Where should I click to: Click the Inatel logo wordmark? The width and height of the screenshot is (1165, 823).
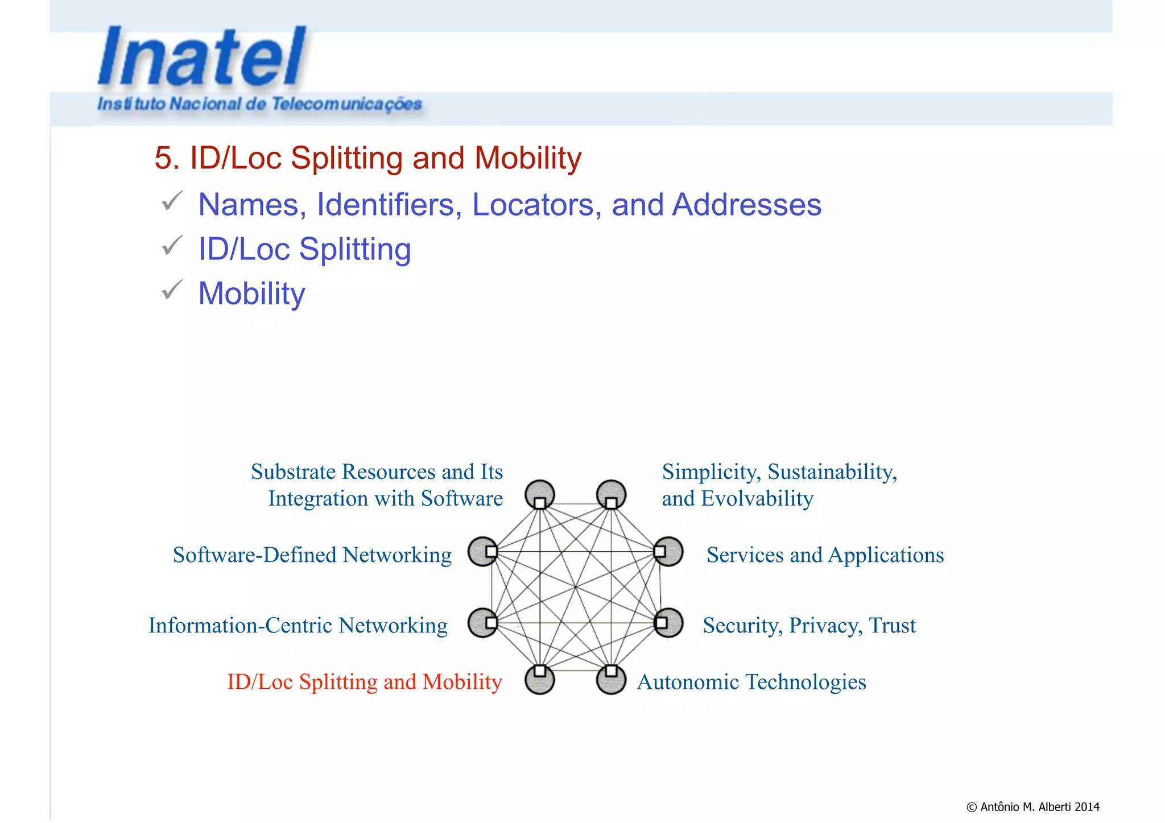[x=202, y=57]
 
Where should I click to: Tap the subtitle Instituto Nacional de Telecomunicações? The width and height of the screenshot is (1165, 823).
[x=259, y=104]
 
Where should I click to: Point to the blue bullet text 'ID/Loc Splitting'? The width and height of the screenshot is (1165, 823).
[x=304, y=249]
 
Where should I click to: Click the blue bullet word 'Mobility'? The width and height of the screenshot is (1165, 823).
[x=251, y=293]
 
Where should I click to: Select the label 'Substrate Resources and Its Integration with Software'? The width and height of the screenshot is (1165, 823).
[x=377, y=485]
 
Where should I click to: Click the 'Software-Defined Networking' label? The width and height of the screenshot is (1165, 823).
[x=312, y=555]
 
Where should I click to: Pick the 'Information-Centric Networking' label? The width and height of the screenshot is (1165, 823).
[x=298, y=626]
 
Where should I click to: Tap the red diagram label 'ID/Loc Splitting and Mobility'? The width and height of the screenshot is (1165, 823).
[x=364, y=682]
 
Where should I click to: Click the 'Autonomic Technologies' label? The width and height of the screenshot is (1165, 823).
[x=751, y=682]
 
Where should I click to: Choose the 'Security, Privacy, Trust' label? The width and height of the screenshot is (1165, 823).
[x=809, y=626]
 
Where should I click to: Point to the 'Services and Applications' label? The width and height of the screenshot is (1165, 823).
[x=825, y=555]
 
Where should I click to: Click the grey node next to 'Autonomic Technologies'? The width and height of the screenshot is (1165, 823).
[x=611, y=679]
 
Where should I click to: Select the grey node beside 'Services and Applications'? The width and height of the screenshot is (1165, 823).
[x=668, y=551]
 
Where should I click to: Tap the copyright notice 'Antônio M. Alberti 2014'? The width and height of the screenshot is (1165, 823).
[x=1032, y=807]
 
